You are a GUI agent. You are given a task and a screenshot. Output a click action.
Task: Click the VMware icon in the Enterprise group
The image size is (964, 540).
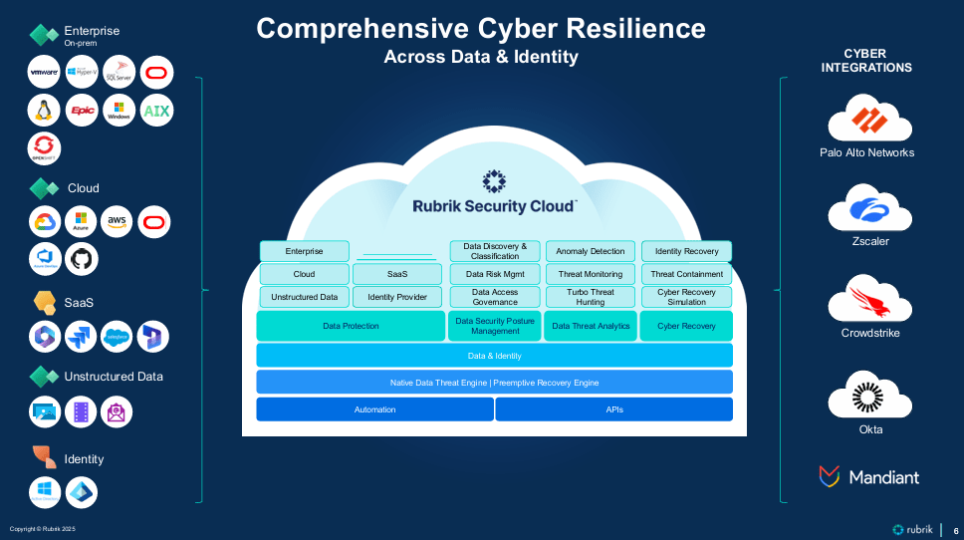(45, 73)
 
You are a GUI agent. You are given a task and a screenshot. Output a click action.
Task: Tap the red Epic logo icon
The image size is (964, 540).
(82, 111)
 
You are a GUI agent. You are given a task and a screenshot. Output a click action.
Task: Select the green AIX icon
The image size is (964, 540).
(156, 111)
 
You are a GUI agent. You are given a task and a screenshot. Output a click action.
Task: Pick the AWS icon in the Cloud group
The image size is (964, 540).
(119, 221)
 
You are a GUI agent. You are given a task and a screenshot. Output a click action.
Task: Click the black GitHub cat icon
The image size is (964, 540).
(82, 259)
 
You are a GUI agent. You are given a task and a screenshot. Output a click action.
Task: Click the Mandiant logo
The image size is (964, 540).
(868, 477)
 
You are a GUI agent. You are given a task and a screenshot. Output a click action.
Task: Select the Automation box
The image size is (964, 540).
(374, 409)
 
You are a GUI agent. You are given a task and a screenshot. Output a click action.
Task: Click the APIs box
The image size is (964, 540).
(614, 409)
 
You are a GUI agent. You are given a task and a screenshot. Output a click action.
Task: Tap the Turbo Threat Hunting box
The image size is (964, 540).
(591, 297)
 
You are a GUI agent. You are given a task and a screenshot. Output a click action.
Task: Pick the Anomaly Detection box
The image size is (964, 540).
(591, 251)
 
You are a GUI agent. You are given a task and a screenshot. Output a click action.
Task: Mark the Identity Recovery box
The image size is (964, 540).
(686, 251)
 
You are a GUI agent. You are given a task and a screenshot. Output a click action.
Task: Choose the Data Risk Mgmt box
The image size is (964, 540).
(495, 274)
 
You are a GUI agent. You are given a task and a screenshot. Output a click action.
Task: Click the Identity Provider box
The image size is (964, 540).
(397, 297)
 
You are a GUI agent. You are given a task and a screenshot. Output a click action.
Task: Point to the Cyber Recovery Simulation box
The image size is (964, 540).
(686, 297)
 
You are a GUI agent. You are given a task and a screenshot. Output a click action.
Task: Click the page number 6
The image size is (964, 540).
(955, 530)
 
